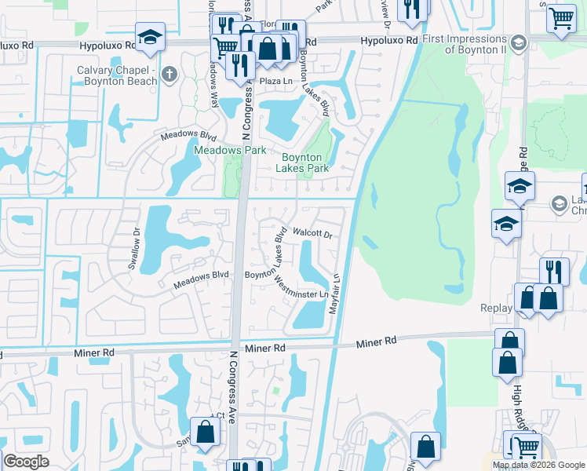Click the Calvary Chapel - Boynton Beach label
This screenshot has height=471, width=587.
click(112, 75)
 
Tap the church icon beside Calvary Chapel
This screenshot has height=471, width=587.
click(169, 76)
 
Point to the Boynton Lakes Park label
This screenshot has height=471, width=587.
click(306, 162)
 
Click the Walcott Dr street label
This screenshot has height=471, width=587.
click(312, 233)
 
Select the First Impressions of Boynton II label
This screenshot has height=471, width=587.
click(463, 44)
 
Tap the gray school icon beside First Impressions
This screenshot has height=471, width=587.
click(518, 42)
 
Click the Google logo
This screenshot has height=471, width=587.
click(26, 462)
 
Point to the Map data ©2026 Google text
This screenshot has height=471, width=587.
click(538, 465)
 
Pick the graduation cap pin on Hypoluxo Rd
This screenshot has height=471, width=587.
click(149, 37)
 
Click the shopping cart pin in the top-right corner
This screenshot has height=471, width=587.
click(561, 18)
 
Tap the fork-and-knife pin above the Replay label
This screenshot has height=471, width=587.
click(554, 272)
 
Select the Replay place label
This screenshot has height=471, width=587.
click(497, 309)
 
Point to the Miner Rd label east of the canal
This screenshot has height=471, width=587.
click(377, 342)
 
